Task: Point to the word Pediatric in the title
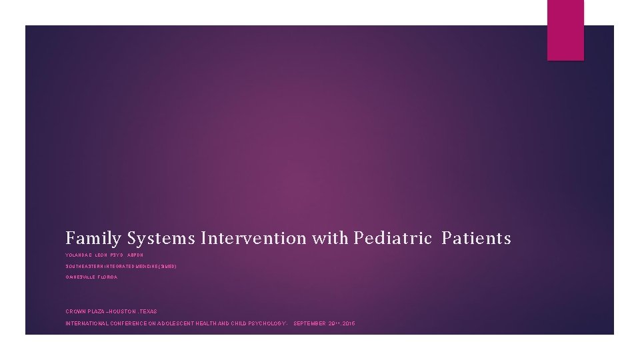tap(393, 238)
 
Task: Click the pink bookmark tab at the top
tap(565, 30)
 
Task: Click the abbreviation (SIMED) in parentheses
tap(167, 266)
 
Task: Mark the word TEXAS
tap(149, 311)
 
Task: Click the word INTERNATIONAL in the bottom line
tap(86, 323)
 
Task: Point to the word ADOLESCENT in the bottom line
tap(176, 323)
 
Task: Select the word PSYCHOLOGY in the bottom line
tap(265, 323)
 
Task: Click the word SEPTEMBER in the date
tap(309, 323)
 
